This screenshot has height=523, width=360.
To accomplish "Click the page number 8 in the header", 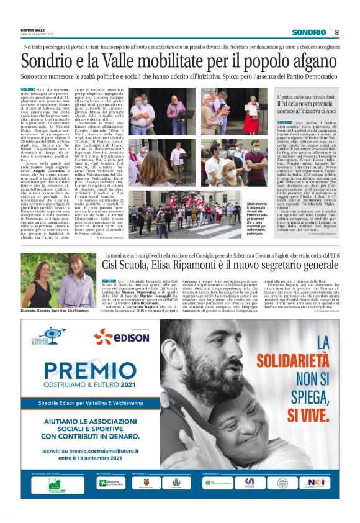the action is pos(336,32).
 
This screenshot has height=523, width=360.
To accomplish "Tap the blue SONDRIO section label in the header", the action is pos(310,32).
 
